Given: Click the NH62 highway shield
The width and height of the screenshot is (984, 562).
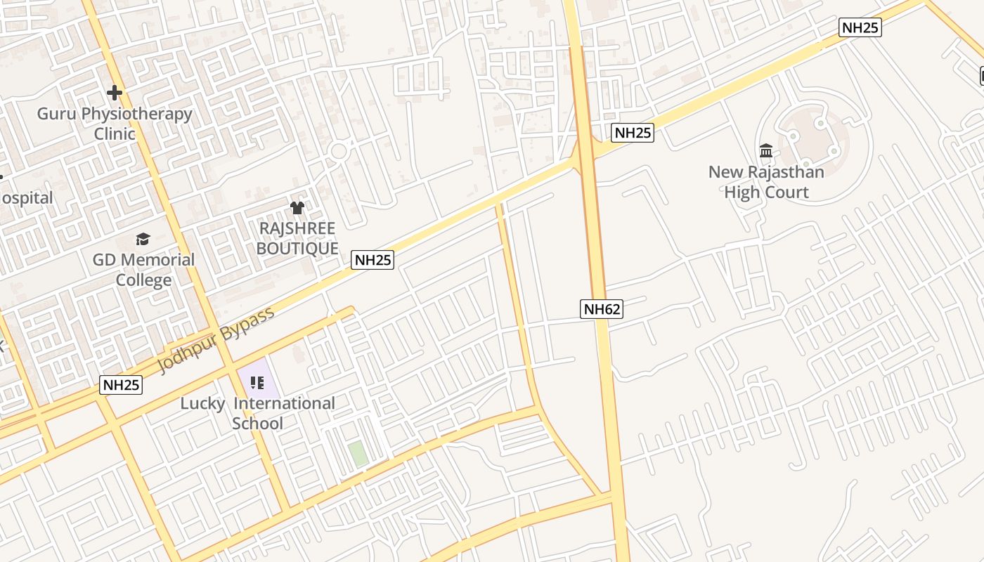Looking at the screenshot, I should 602,308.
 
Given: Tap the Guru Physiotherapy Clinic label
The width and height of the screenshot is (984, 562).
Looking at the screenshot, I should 115,123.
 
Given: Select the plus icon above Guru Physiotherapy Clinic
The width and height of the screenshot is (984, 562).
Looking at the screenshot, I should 115,92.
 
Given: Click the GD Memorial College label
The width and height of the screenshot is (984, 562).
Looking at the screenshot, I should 144,270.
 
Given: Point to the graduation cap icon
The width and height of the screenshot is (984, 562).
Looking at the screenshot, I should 143,240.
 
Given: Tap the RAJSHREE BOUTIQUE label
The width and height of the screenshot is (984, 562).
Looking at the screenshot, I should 297,238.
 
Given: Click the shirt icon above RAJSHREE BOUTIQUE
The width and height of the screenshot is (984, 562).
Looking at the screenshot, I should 297,208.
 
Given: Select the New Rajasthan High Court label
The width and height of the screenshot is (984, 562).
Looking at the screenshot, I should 766,182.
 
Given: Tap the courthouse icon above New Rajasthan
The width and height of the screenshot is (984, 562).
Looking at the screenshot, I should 766,151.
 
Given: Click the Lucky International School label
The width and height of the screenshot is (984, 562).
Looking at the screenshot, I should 257,413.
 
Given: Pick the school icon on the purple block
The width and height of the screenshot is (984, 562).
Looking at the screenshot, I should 257,383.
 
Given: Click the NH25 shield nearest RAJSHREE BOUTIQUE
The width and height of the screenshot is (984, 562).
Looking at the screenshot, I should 373,260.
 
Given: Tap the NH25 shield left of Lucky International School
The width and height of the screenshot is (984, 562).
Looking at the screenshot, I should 121,384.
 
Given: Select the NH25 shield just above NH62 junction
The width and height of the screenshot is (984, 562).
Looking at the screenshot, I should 633,132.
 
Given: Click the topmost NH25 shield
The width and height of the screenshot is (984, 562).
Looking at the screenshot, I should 860,27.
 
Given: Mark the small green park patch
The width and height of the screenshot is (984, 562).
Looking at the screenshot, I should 358,453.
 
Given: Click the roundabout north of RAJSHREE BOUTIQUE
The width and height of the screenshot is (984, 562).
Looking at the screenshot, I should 339,150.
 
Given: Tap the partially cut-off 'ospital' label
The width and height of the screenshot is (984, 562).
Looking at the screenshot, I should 27,198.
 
